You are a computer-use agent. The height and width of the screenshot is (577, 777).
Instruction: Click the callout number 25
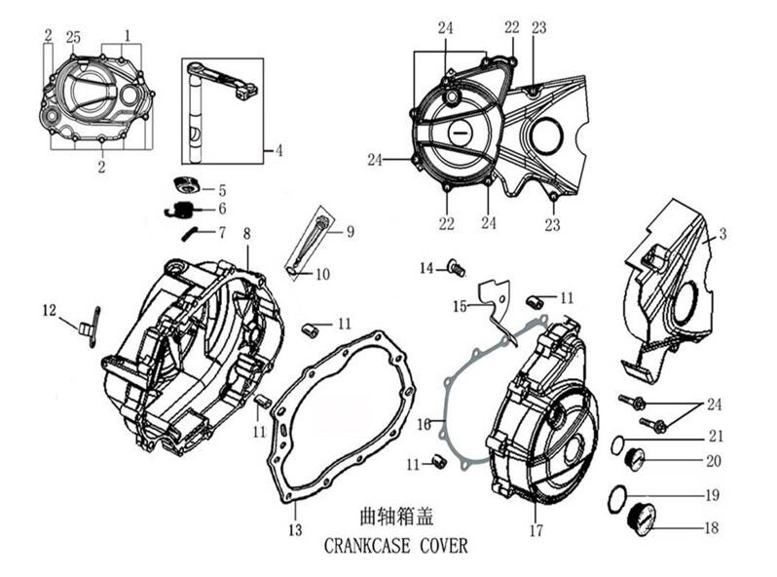tap(72, 36)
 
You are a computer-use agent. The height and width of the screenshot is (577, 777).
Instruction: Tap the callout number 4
tap(278, 150)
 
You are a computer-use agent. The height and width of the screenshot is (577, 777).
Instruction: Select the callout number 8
tap(246, 234)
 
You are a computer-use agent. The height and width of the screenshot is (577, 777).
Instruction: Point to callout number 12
tap(50, 310)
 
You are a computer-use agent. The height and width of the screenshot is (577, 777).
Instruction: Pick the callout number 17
tap(535, 531)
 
